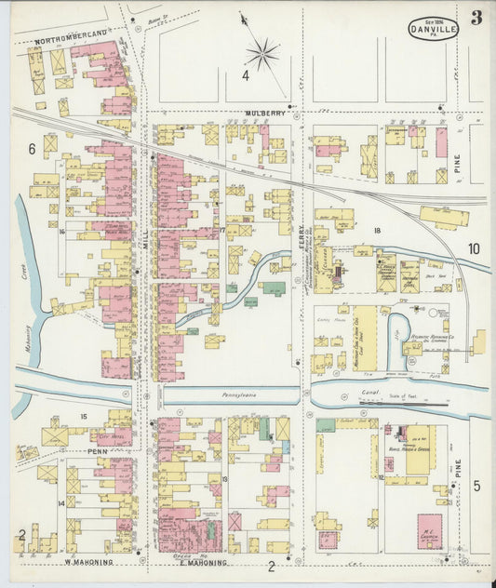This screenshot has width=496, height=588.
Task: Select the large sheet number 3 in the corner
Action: (x=476, y=18)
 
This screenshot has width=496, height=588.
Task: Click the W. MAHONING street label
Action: (x=88, y=562)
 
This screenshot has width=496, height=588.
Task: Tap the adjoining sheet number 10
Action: (x=474, y=248)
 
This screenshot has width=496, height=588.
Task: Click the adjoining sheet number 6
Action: (x=31, y=149)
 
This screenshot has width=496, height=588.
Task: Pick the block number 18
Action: (x=378, y=230)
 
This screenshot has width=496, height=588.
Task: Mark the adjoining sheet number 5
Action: (x=475, y=485)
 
